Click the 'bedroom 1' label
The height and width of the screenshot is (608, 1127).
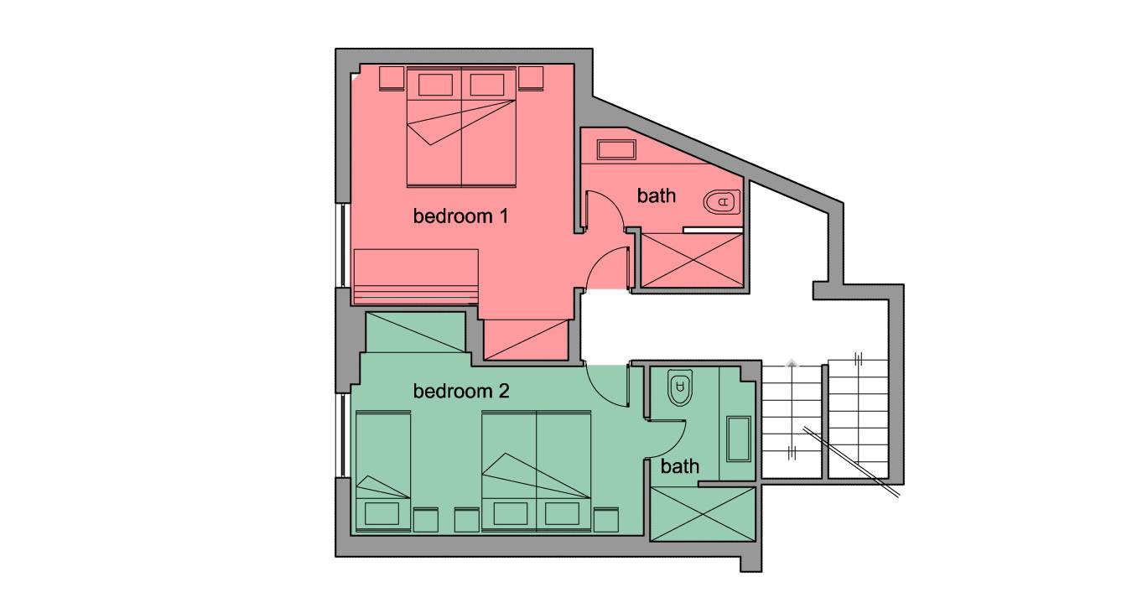(460, 216)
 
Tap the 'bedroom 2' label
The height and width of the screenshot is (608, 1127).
(461, 391)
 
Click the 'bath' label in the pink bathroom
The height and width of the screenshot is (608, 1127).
(656, 195)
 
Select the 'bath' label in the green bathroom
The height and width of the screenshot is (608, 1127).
(680, 466)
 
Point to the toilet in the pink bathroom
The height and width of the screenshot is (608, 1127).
(722, 202)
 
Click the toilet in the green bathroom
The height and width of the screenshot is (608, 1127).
(680, 387)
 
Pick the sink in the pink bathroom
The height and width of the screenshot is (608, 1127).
(615, 150)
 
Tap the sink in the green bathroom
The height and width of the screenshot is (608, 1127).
(739, 439)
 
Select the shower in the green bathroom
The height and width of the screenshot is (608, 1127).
(703, 514)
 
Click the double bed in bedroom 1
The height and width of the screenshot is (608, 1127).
(461, 127)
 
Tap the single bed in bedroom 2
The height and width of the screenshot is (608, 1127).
(383, 471)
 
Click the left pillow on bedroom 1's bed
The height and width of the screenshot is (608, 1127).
(435, 85)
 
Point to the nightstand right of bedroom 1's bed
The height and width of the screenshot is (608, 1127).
(531, 79)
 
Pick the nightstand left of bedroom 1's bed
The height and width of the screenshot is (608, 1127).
(392, 79)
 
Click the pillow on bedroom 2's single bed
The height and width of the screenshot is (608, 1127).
(382, 513)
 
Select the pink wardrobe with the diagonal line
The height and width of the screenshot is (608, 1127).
(526, 340)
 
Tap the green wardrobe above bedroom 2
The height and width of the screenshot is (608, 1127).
(416, 332)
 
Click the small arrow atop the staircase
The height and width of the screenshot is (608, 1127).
(792, 363)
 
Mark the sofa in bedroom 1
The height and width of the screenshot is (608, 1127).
(416, 276)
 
